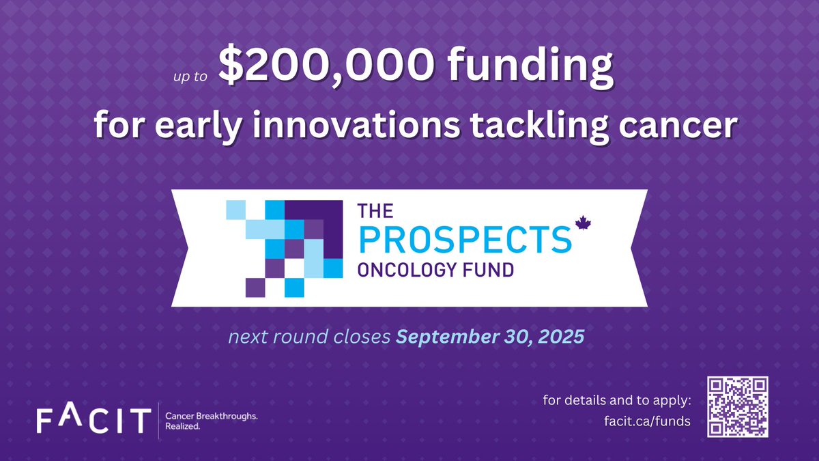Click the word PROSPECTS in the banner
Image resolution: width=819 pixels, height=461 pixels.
[464, 239]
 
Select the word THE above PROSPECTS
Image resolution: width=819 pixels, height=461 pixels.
[376, 212]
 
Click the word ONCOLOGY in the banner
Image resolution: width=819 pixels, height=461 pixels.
[408, 269]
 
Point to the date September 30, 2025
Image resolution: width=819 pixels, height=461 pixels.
[491, 337]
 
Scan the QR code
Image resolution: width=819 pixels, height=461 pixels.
[738, 407]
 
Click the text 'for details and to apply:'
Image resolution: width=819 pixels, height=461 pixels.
[617, 399]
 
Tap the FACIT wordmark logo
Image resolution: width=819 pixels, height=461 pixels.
[94, 418]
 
